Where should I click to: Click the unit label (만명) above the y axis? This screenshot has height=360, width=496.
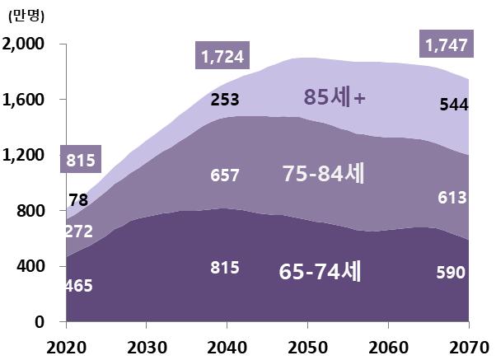click(26, 15)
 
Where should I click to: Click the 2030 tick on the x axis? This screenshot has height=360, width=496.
click(144, 345)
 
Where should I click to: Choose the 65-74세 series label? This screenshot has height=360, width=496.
click(322, 271)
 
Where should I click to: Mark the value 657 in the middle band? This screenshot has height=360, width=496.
click(224, 175)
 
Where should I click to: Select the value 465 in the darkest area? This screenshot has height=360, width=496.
click(79, 286)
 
